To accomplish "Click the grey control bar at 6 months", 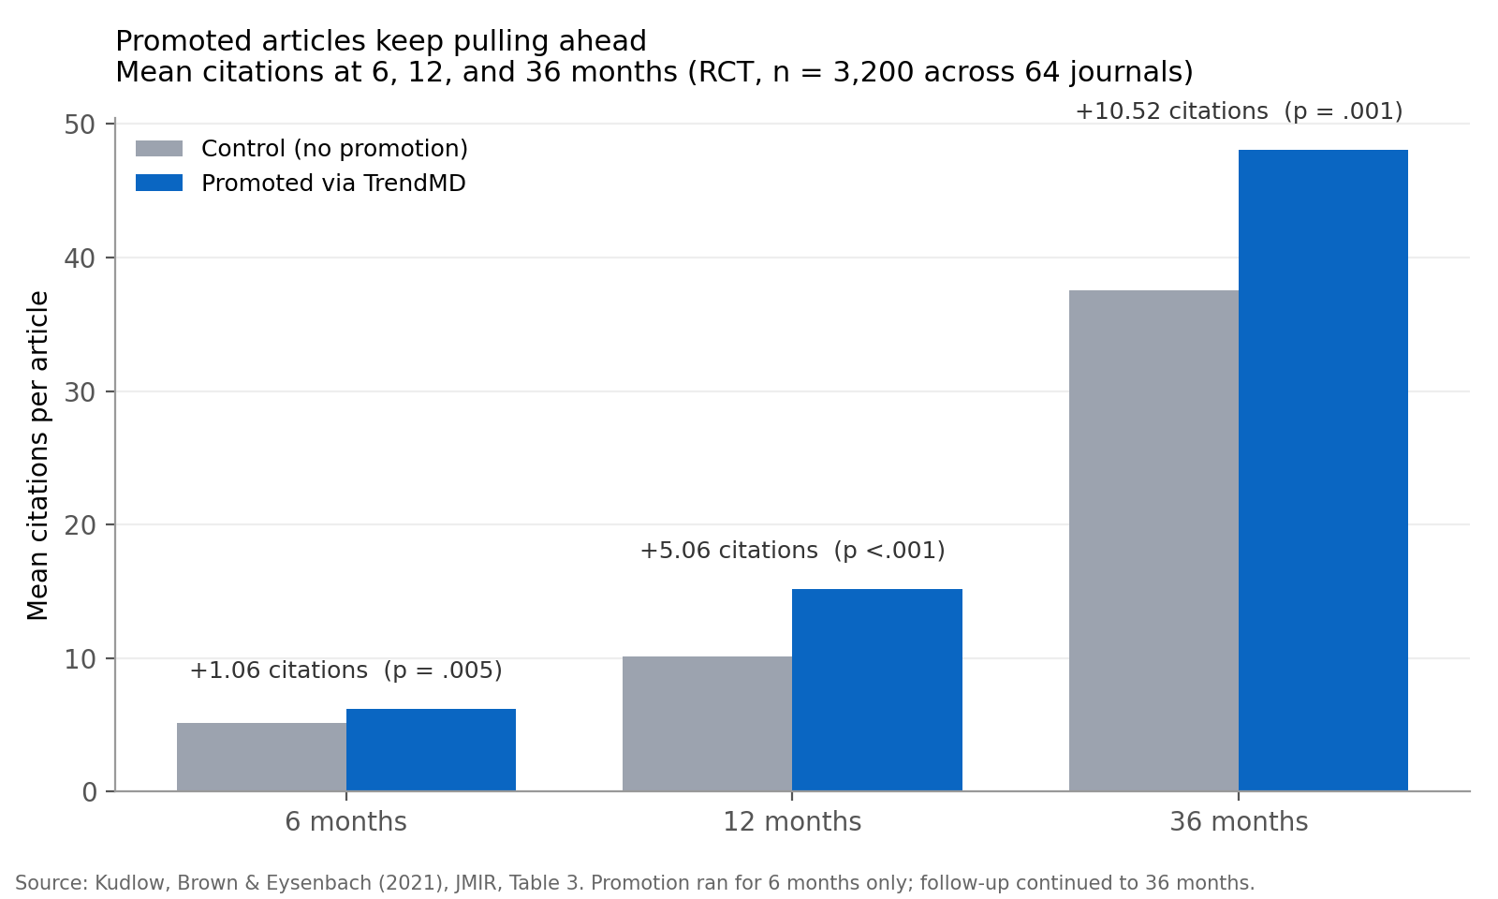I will pos(261,757).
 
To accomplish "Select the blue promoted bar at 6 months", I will pos(431,750).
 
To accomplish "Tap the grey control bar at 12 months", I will pos(707,724).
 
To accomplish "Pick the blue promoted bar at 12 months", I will pos(876,690).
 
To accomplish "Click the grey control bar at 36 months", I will pos(1153,540).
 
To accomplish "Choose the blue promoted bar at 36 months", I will pos(1323,470).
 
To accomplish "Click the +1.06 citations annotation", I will pos(345,671).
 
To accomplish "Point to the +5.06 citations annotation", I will pos(792,551).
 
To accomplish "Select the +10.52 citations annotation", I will pos(1238,111).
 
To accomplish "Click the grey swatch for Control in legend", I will pos(159,149).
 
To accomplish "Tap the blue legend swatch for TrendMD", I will pos(159,184).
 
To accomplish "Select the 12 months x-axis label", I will pos(792,822).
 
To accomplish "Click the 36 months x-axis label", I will pos(1238,822).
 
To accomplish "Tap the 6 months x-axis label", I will pos(345,822).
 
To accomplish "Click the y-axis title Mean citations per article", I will pos(38,456).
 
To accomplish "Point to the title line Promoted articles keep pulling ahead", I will pos(380,41).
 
